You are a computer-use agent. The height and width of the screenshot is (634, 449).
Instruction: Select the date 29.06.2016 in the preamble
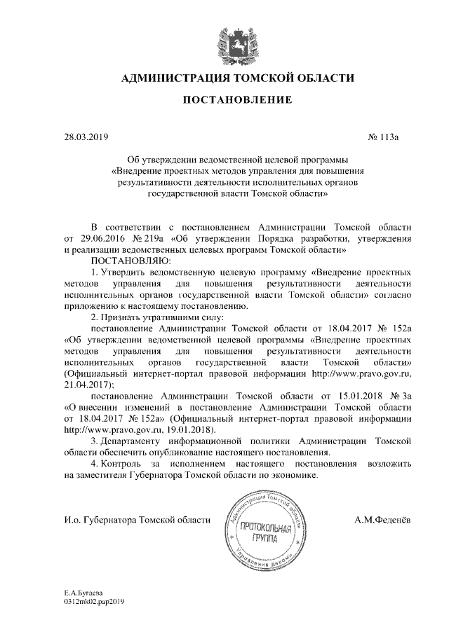click(x=108, y=238)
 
